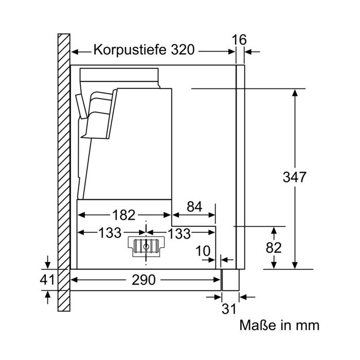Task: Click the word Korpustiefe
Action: pyautogui.click(x=130, y=50)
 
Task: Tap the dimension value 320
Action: pyautogui.click(x=183, y=50)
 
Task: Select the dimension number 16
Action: pyautogui.click(x=239, y=40)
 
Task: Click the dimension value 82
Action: pyautogui.click(x=274, y=248)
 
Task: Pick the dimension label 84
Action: pyautogui.click(x=194, y=207)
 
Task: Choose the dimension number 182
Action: pyautogui.click(x=123, y=215)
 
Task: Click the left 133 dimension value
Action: pyautogui.click(x=110, y=233)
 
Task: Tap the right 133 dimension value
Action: pyautogui.click(x=179, y=233)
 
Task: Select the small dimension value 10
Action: pyautogui.click(x=203, y=251)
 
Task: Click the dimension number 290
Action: pyautogui.click(x=143, y=280)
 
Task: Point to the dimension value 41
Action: pyautogui.click(x=47, y=280)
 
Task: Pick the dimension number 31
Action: pyautogui.click(x=229, y=309)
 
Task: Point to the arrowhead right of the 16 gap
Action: pyautogui.click(x=248, y=52)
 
